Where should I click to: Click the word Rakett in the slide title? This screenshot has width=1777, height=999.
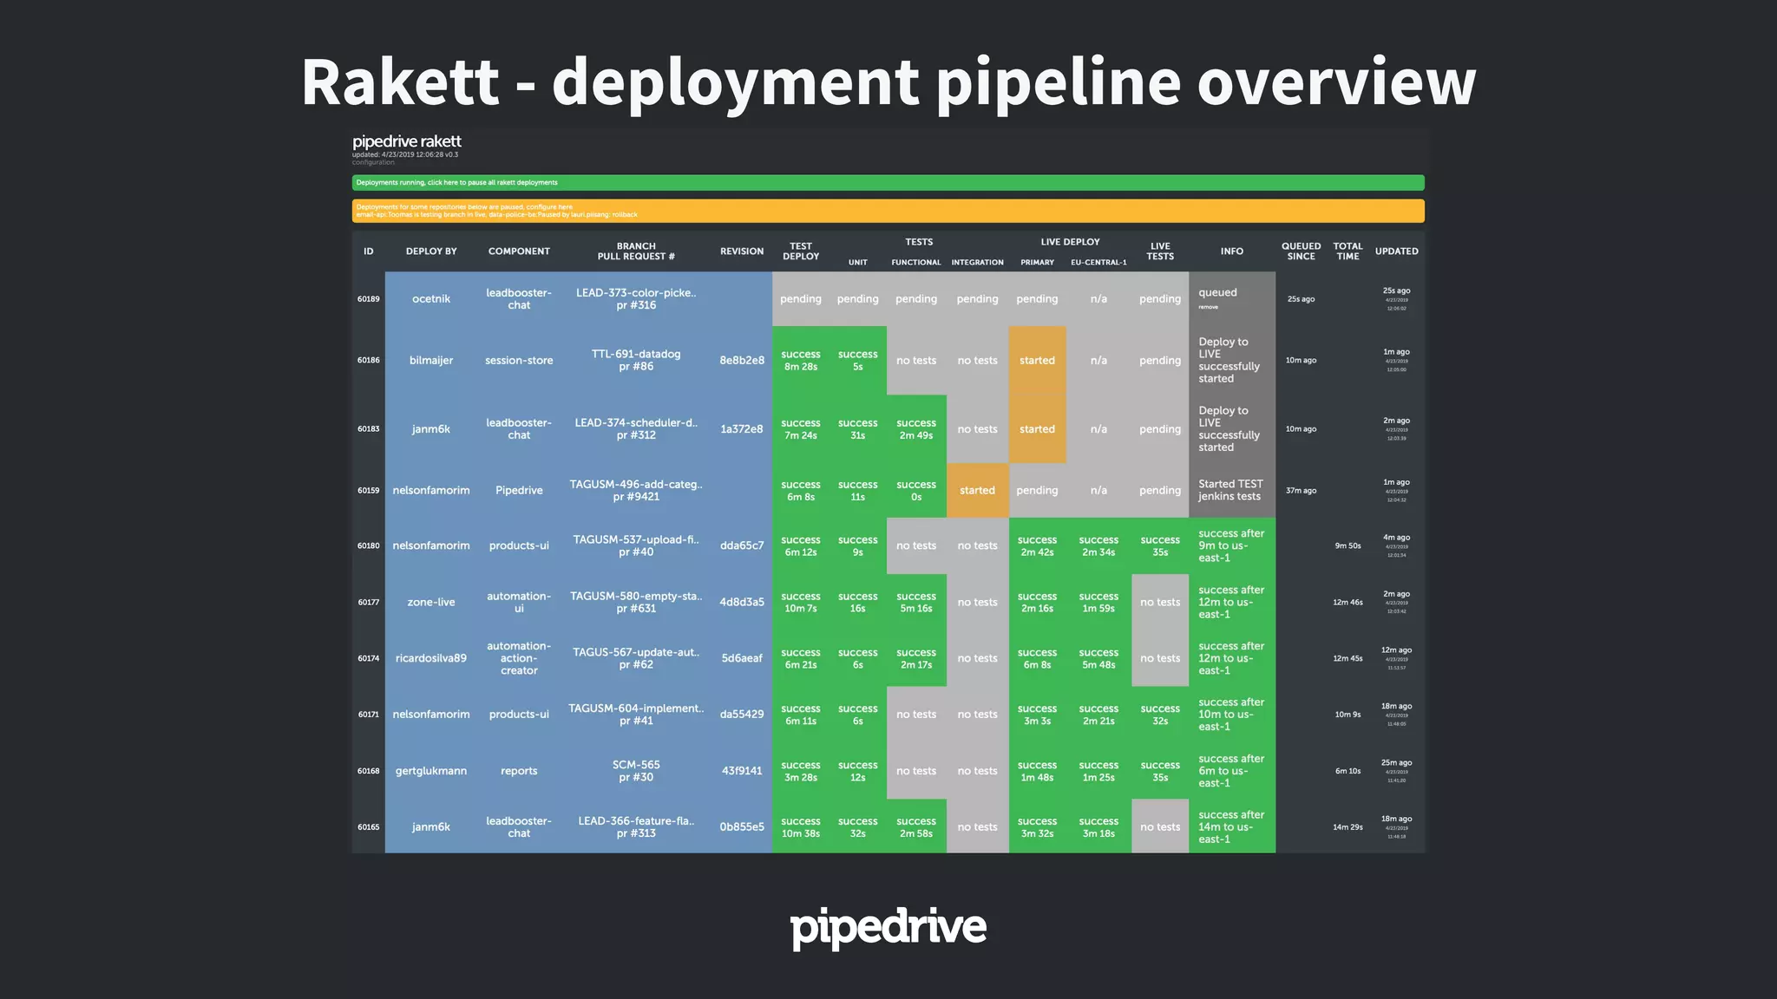400,82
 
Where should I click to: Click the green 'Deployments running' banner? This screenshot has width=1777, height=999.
888,182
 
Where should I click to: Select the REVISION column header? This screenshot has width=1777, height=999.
742,251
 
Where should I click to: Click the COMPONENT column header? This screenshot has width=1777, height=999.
519,251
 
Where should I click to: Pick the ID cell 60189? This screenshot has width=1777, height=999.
369,299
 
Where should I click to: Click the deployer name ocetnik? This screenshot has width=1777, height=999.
431,299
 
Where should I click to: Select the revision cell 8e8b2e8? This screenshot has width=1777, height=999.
742,361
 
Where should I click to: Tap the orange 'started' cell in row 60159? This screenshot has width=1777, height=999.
977,491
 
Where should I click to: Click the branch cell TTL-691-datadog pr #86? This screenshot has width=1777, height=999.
636,361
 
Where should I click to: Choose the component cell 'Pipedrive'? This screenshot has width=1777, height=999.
519,491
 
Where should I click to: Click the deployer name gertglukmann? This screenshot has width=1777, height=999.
431,771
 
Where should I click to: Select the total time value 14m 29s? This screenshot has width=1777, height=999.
1348,827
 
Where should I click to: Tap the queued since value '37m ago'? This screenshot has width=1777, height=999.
1301,491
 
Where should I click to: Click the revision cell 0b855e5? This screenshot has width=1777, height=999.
742,827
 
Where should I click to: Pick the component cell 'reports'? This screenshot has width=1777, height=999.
519,771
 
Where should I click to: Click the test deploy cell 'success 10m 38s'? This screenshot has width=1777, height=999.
800,827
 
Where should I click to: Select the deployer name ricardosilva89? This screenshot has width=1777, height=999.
431,658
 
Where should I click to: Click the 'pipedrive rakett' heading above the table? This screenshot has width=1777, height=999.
407,141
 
